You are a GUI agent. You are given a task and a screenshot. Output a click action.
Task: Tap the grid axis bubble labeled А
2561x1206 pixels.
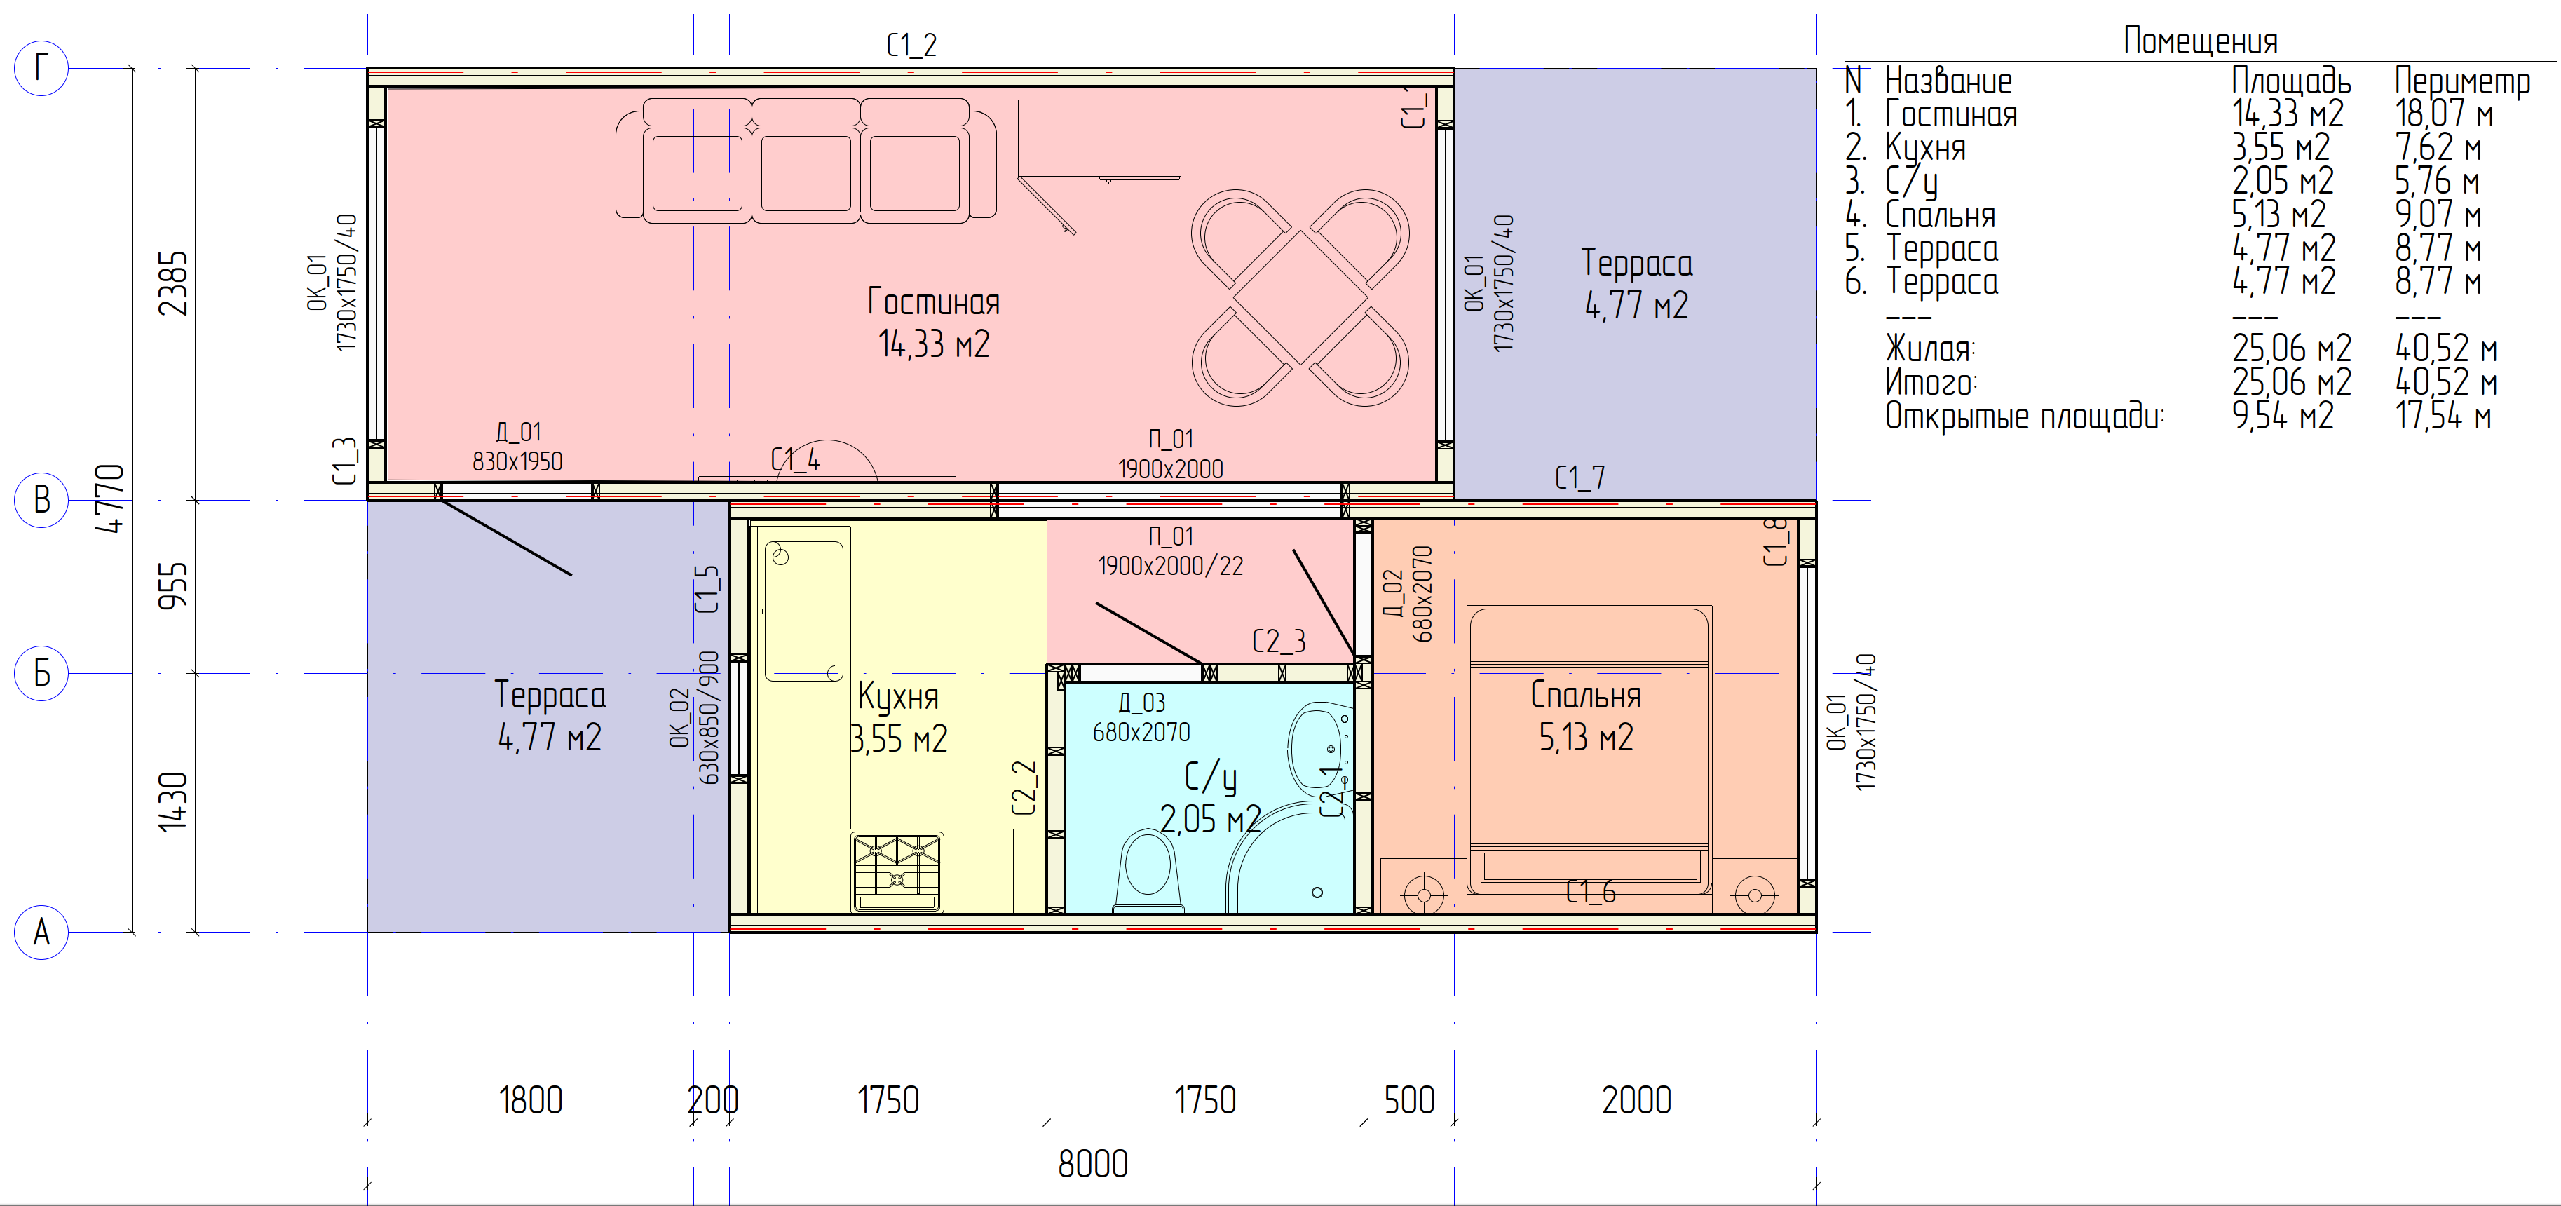click(x=41, y=933)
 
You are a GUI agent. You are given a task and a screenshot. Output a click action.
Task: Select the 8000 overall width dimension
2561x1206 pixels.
click(x=1092, y=1164)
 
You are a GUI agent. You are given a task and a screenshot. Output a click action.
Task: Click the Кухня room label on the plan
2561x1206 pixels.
click(x=898, y=697)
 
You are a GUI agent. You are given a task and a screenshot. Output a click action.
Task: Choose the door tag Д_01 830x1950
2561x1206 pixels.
click(x=517, y=447)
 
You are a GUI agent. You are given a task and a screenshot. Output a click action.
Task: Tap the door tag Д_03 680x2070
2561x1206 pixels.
click(x=1141, y=717)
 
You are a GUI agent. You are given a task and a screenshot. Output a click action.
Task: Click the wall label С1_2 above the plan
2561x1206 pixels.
click(x=911, y=45)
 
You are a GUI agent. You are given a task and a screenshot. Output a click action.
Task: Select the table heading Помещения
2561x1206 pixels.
click(x=2200, y=41)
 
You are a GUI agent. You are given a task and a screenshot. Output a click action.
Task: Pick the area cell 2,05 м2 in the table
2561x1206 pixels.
click(x=2283, y=181)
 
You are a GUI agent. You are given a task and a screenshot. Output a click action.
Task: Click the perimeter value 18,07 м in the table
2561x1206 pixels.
click(x=2444, y=114)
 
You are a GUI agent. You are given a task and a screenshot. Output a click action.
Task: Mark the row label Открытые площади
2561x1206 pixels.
click(x=2024, y=416)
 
